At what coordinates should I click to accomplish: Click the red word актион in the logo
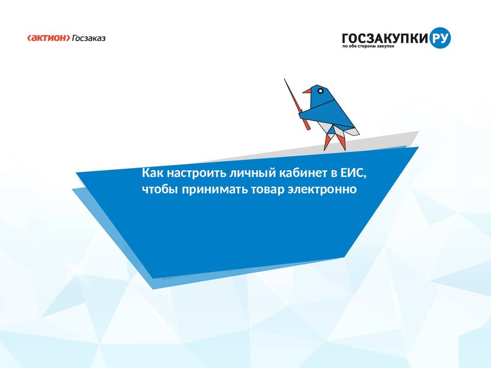pos(49,38)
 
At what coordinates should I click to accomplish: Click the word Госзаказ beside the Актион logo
pos(89,38)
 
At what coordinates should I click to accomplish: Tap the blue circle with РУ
pos(440,38)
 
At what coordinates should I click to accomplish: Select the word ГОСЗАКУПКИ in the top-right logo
pos(385,38)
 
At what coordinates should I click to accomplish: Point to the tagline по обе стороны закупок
pos(368,46)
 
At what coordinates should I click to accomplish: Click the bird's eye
pos(321,91)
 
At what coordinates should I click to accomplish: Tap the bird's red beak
pos(307,91)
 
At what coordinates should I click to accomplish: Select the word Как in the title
pos(153,173)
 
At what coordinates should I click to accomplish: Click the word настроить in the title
pos(197,173)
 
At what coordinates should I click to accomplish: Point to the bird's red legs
pos(335,142)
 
